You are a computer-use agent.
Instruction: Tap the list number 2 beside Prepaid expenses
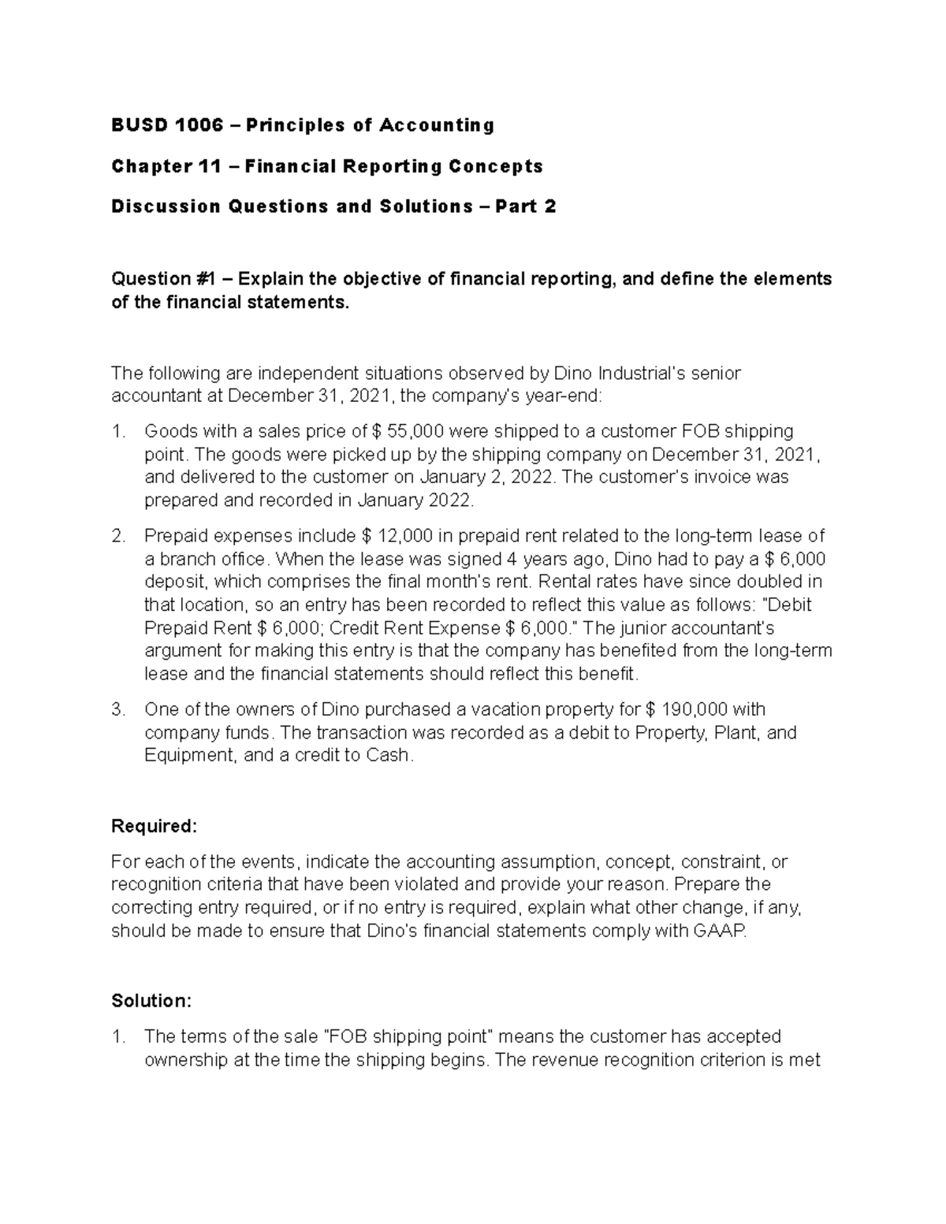point(118,537)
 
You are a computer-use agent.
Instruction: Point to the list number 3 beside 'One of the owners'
point(118,709)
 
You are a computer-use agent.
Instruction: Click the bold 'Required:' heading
point(154,826)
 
